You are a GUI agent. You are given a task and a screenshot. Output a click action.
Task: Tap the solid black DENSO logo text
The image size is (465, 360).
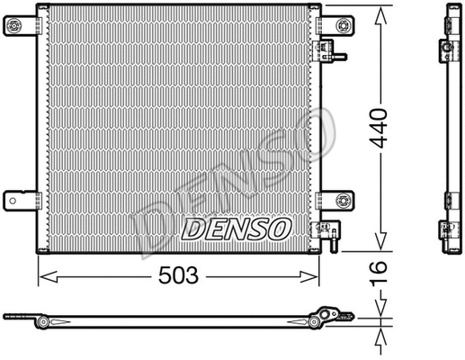pyautogui.click(x=236, y=229)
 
